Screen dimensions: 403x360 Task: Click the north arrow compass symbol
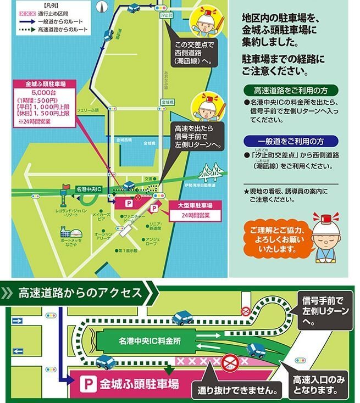102,7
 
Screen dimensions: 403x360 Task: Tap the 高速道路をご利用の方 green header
291,91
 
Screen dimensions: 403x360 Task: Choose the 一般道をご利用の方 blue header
291,141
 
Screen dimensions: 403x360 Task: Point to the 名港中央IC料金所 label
150,340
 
